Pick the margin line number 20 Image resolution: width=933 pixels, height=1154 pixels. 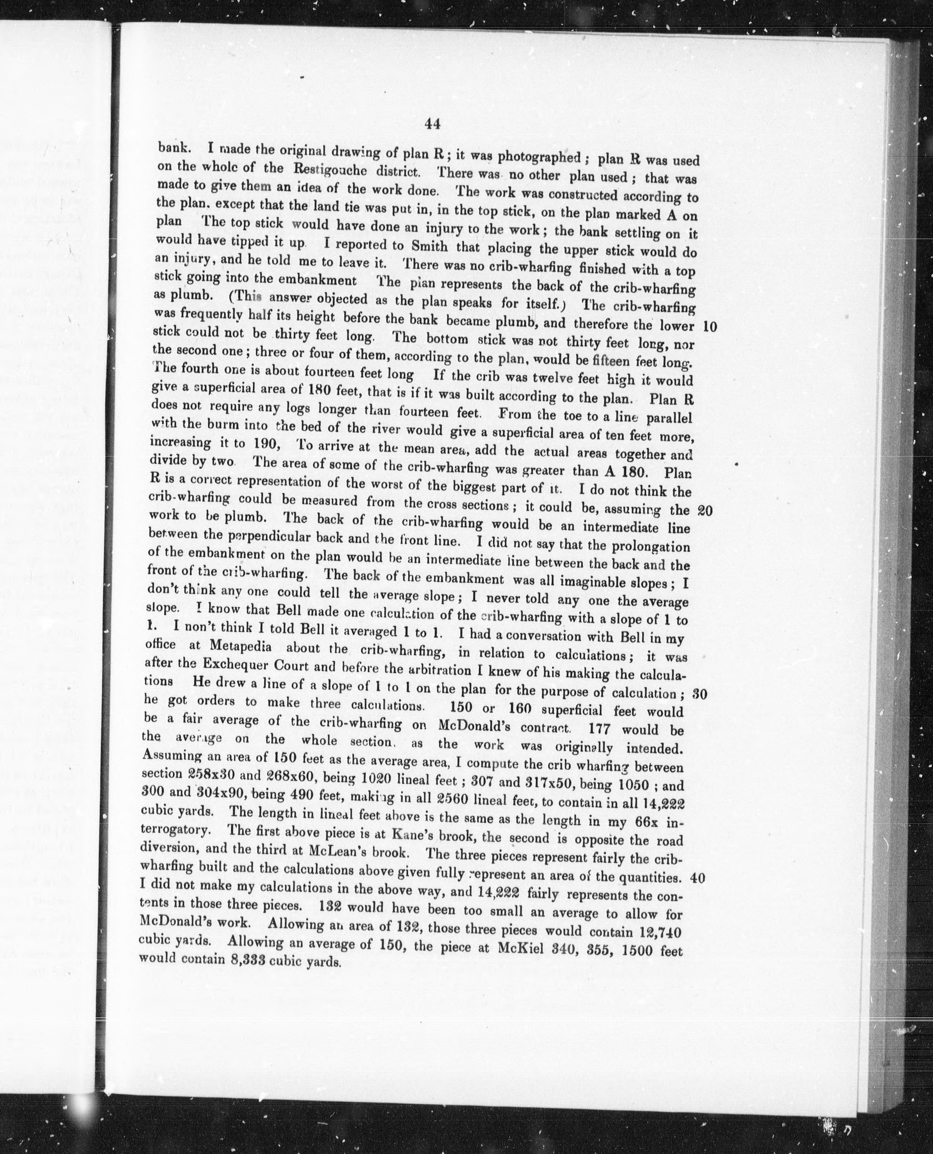[x=705, y=510]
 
